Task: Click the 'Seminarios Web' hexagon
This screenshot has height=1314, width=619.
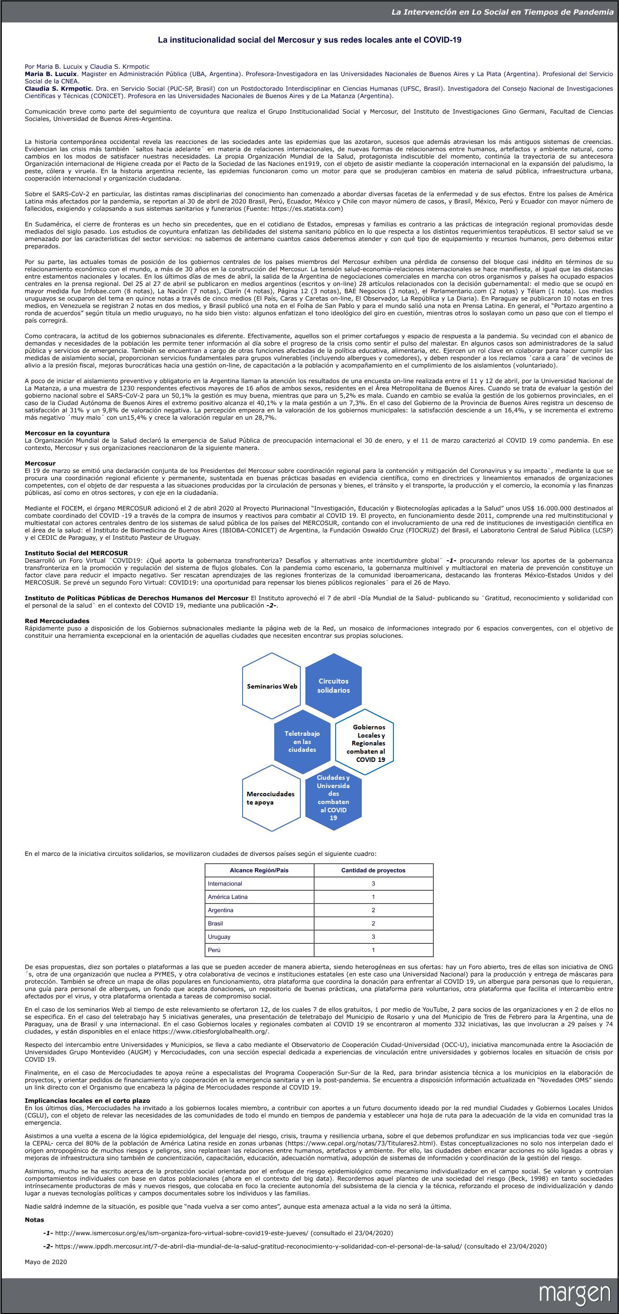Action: pos(271,686)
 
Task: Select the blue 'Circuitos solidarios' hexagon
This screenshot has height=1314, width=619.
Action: pos(333,685)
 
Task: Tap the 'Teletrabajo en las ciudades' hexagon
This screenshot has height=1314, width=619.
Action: pos(302,741)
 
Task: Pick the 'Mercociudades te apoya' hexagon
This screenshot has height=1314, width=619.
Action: pos(271,798)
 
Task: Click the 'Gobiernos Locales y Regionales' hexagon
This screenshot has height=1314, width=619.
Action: pos(365,743)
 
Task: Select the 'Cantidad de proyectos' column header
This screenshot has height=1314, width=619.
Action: pos(373,870)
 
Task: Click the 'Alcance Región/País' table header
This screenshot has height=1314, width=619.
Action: pos(259,870)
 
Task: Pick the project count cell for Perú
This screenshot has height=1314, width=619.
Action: pos(373,950)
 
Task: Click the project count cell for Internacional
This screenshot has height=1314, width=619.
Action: pos(373,883)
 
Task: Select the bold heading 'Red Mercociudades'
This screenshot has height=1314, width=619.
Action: pos(57,621)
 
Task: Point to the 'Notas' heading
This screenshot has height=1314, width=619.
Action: pos(34,1220)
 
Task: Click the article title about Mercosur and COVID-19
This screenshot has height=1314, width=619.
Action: pos(309,39)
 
